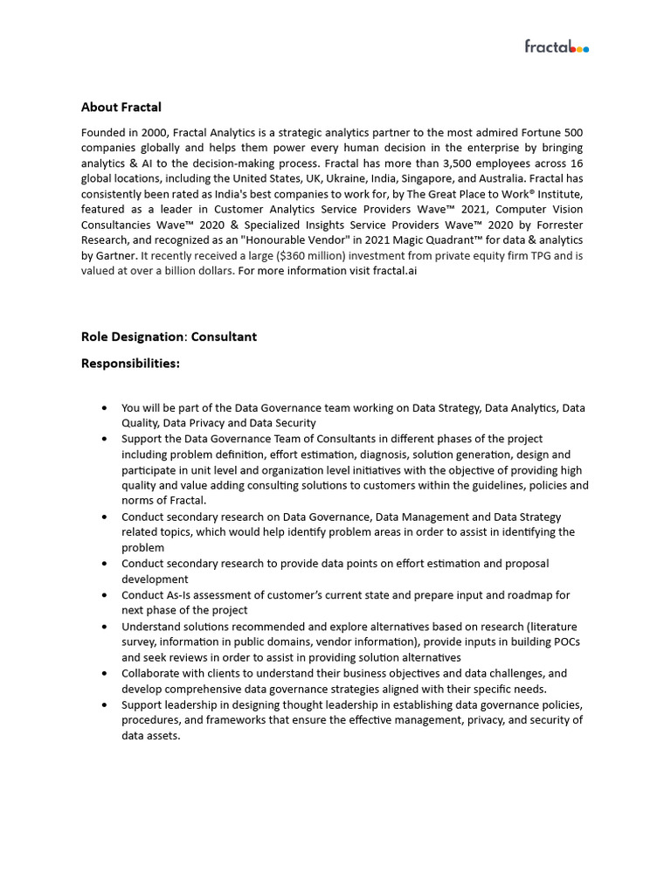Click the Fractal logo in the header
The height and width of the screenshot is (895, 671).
tap(556, 46)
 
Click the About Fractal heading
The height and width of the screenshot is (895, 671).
tap(121, 108)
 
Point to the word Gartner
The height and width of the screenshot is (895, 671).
tap(115, 256)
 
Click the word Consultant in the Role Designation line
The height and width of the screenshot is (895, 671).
tap(225, 336)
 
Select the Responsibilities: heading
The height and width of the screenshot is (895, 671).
tap(130, 363)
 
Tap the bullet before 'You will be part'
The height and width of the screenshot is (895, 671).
tap(105, 408)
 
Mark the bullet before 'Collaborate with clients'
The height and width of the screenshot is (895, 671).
tap(105, 674)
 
